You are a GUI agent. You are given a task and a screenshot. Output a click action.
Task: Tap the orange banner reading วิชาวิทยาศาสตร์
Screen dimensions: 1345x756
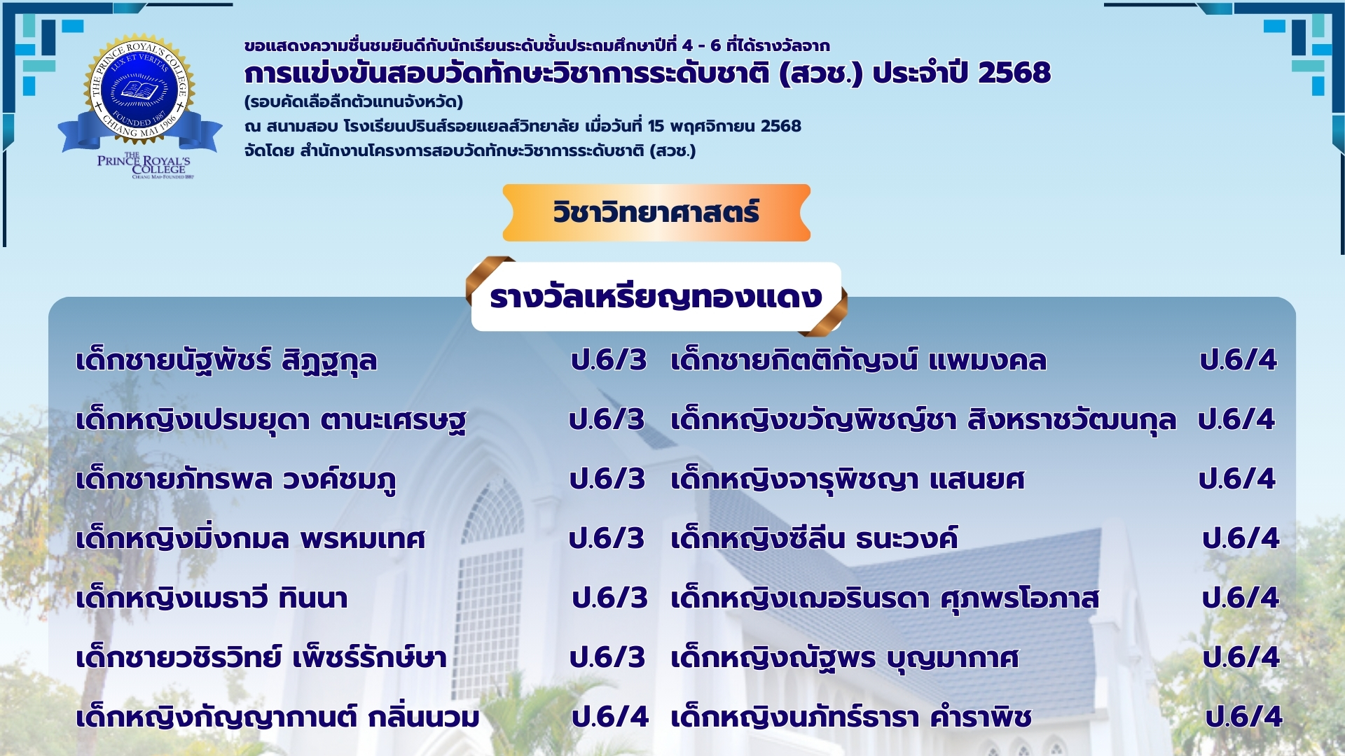click(656, 213)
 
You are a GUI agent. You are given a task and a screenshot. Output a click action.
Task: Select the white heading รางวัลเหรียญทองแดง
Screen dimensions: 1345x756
click(656, 297)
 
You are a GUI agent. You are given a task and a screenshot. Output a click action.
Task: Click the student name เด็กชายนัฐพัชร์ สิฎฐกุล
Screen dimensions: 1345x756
click(226, 361)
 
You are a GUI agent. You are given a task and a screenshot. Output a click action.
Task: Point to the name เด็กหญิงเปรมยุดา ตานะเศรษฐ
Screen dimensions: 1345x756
click(271, 421)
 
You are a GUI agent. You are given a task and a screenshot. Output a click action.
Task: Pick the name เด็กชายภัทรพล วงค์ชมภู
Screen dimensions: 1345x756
click(236, 480)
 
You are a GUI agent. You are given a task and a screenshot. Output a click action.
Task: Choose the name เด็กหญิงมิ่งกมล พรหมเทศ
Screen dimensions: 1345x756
click(251, 539)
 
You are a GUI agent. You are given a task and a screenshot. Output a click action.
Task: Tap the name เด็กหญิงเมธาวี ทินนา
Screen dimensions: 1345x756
click(212, 598)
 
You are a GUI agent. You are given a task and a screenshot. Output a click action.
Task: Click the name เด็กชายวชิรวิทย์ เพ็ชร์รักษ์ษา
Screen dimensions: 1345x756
click(261, 658)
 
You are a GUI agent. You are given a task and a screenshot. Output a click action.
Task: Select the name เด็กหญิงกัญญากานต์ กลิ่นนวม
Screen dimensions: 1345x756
click(278, 717)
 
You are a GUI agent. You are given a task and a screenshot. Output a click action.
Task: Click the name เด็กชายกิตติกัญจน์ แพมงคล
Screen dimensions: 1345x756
click(858, 360)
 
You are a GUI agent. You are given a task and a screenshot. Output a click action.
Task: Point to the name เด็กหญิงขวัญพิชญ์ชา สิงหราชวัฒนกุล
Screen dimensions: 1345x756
click(923, 421)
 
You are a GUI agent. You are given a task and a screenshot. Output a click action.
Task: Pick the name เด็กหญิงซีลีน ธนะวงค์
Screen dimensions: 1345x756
click(814, 539)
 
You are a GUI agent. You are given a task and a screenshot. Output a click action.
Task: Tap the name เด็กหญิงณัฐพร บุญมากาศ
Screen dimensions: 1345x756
click(845, 658)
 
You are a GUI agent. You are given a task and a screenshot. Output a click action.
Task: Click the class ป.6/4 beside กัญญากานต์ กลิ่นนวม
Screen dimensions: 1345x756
click(610, 717)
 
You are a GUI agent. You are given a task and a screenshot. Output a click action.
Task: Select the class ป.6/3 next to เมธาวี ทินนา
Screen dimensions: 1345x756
click(610, 598)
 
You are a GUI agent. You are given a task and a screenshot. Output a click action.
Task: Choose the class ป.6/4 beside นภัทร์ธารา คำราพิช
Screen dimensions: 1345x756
click(1243, 717)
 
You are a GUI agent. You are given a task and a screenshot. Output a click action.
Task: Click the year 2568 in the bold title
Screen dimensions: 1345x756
click(1014, 73)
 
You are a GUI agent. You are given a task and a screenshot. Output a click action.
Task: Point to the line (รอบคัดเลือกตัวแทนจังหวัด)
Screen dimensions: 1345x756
click(354, 102)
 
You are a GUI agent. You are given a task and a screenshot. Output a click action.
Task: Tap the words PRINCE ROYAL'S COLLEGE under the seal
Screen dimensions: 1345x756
click(144, 165)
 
